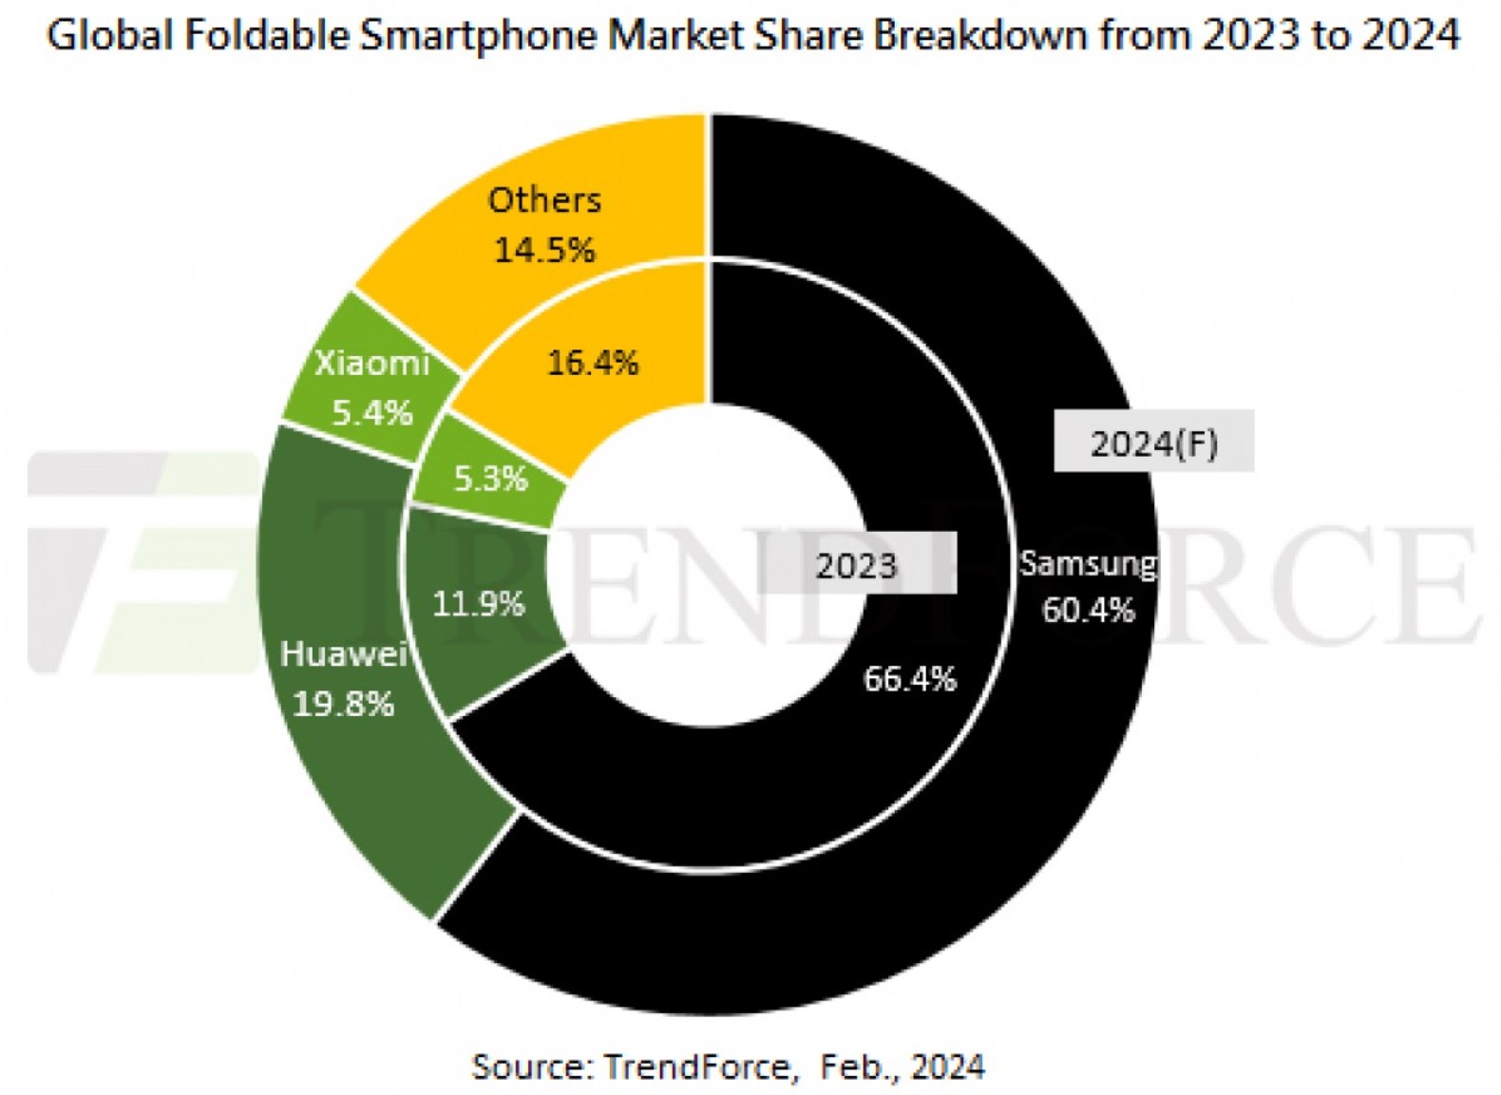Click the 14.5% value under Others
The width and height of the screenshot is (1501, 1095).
[x=544, y=250]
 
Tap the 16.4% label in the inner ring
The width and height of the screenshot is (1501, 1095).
[x=593, y=362]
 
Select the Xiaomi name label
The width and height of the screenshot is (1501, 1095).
[x=371, y=363]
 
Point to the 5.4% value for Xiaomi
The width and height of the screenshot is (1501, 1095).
[x=371, y=413]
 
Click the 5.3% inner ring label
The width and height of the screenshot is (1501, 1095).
[x=490, y=479]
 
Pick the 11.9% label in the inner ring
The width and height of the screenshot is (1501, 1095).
[x=478, y=603]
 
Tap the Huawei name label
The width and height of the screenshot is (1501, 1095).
[x=344, y=653]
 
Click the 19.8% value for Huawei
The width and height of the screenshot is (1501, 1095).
[x=343, y=704]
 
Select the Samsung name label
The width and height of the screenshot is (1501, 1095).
[x=1088, y=563]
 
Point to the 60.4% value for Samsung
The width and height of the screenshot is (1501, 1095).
[x=1088, y=610]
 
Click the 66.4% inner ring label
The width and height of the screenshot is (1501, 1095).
[x=909, y=679]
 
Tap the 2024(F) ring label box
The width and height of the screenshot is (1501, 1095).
[x=1153, y=442]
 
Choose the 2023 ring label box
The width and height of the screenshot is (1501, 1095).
[x=856, y=566]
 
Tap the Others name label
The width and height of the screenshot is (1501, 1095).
[x=544, y=200]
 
